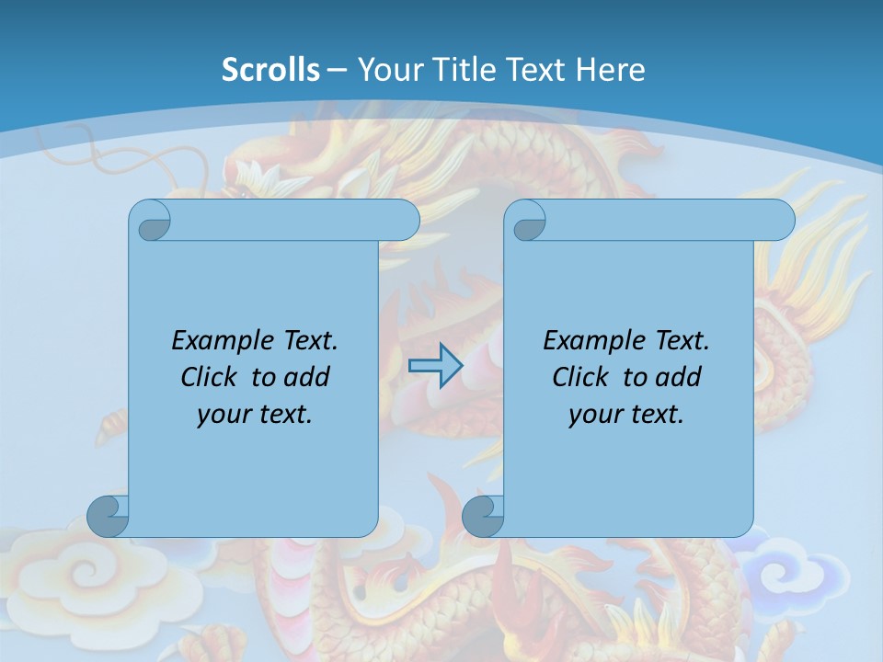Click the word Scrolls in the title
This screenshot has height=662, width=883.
(270, 70)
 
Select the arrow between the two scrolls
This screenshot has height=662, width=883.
(435, 366)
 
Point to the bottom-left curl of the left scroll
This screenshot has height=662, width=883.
(107, 515)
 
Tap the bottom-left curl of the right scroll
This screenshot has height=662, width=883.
(482, 516)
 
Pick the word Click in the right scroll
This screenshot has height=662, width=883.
(580, 377)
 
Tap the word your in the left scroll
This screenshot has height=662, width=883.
(223, 415)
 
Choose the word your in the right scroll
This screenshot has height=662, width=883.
(594, 415)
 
